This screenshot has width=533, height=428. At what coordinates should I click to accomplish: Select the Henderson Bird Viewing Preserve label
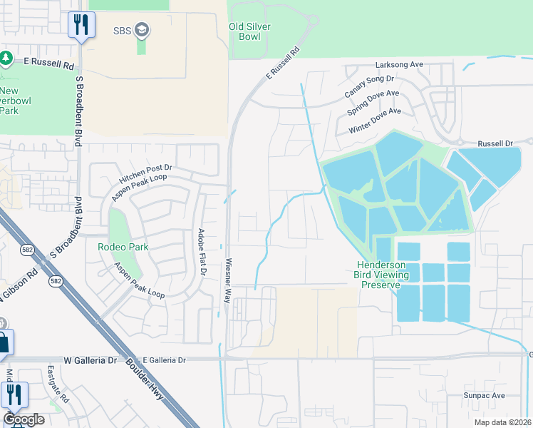pyautogui.click(x=382, y=275)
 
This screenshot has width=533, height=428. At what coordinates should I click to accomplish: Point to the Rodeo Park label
pyautogui.click(x=123, y=247)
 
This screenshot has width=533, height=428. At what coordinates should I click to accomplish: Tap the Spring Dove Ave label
pyautogui.click(x=373, y=103)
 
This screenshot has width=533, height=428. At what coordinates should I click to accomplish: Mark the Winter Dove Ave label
pyautogui.click(x=375, y=121)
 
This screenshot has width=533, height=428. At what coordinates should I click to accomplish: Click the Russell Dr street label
pyautogui.click(x=495, y=143)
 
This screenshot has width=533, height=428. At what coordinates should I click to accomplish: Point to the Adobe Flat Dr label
pyautogui.click(x=202, y=252)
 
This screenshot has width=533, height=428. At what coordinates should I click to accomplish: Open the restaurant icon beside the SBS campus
pyautogui.click(x=81, y=25)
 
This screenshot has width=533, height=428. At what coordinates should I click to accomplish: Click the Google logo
pyautogui.click(x=24, y=419)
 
